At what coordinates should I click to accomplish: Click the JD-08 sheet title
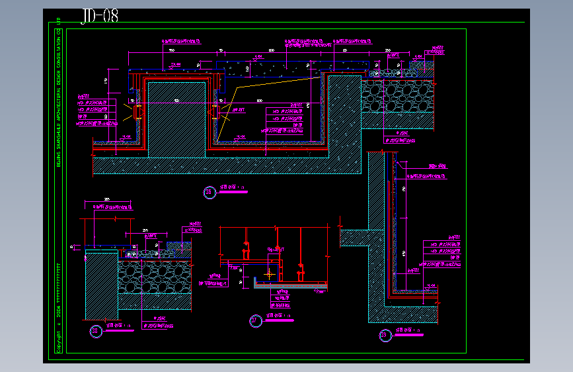coord(100,17)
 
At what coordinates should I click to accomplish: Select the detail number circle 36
coord(210,193)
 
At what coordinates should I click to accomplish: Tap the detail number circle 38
coord(96,330)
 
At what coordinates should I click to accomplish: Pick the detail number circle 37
coord(255,321)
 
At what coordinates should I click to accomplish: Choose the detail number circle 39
coord(384,336)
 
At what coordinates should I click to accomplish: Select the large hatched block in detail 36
coord(176,119)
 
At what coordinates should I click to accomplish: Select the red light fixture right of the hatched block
coord(214,110)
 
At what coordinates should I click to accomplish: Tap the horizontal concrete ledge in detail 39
coord(361,238)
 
